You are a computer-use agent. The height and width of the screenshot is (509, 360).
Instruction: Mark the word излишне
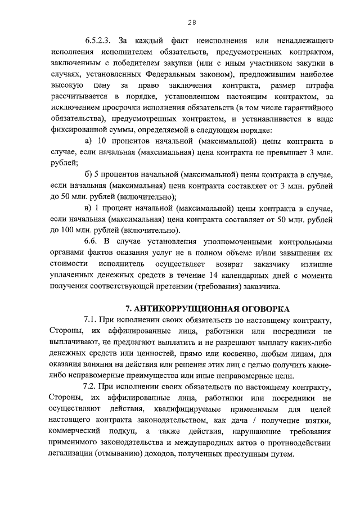coord(318,264)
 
